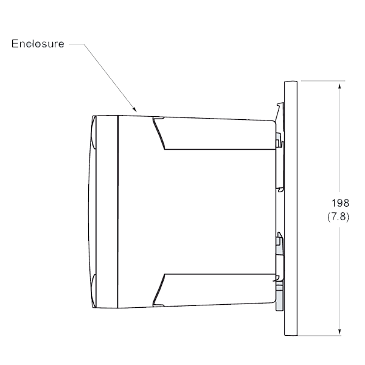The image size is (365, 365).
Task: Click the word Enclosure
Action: coord(38,44)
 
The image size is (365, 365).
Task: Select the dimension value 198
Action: coord(340,203)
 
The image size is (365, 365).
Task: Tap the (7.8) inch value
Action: coord(338,217)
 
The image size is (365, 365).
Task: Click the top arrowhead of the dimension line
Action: coord(339,86)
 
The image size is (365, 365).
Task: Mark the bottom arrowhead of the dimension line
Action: coord(339,332)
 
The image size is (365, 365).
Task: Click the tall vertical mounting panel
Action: coord(291,208)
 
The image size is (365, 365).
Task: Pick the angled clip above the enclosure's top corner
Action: coord(279,112)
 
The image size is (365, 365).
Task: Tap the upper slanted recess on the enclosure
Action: coord(158,133)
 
